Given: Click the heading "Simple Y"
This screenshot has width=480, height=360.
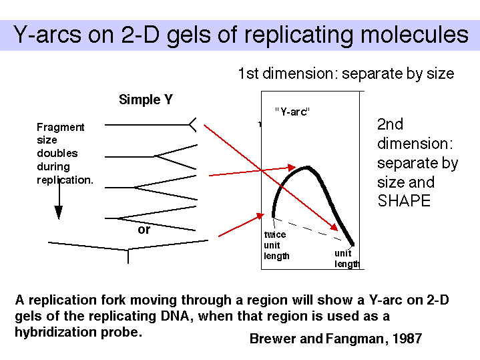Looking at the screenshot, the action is tap(146, 100).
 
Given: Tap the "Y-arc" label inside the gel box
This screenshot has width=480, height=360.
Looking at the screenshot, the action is tap(292, 112).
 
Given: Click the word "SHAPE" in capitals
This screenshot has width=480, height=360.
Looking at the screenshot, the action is tap(404, 201).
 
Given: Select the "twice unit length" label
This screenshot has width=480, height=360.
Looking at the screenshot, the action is tap(276, 245).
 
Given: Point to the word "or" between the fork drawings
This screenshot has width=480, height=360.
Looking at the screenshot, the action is tap(144, 230).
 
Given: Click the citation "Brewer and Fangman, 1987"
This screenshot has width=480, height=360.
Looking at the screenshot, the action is tap(336, 339).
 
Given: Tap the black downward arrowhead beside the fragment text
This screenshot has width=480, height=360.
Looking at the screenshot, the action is tap(59, 212).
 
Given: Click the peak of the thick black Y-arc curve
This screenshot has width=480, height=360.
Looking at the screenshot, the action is tap(307, 167).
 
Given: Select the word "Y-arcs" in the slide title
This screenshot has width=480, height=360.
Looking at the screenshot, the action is tap(47, 34).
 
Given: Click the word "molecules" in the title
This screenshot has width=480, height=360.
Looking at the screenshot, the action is tap(415, 34).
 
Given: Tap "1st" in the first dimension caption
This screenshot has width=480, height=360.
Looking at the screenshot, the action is tap(248, 73).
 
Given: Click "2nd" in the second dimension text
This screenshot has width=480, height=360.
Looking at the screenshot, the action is tap(390, 124).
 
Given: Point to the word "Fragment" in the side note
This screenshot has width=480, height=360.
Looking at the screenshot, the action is tap(60, 127).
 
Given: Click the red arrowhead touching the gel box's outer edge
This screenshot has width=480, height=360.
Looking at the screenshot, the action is tap(260, 216).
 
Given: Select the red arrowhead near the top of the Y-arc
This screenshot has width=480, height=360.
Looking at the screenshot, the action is tap(292, 168).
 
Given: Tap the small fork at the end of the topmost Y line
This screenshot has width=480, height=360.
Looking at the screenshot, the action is tap(192, 125).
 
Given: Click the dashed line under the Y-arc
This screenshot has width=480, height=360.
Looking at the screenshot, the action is tap(307, 229).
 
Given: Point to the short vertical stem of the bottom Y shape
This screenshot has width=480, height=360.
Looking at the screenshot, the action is tap(128, 256).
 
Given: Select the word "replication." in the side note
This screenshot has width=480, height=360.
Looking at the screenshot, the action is tap(65, 180).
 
